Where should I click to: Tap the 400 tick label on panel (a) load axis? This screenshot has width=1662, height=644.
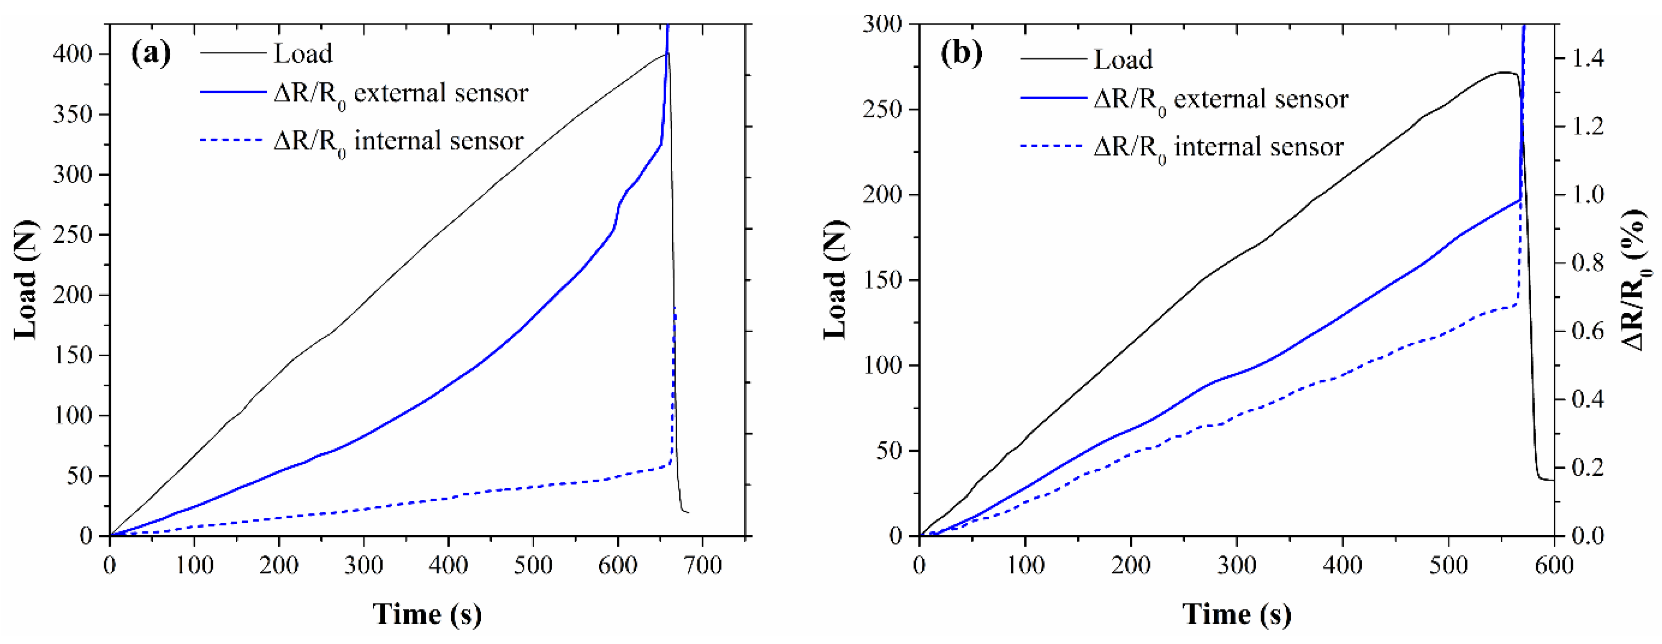coord(73,54)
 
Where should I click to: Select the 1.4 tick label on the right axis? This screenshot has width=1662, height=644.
coord(1588,59)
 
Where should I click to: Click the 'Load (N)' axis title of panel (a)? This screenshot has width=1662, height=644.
coord(26,279)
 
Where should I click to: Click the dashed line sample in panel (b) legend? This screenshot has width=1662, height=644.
coord(1052,147)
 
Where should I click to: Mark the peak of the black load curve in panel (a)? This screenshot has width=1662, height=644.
coord(667,54)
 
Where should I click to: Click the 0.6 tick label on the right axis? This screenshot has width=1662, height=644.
coord(1588,332)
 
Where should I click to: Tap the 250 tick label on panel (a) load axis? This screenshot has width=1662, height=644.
coord(73,235)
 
